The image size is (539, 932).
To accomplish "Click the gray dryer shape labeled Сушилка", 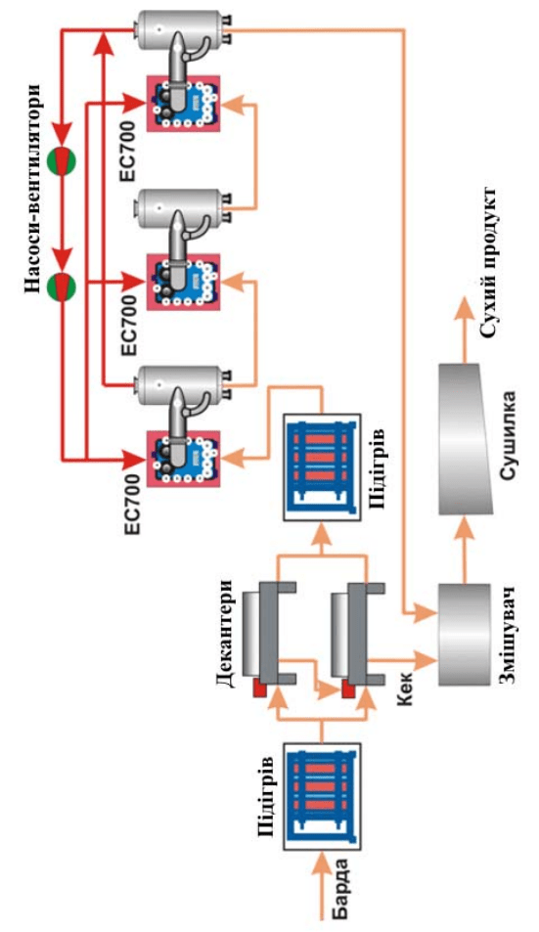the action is coord(467,439).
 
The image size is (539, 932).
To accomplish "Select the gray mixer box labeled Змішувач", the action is coord(466,635).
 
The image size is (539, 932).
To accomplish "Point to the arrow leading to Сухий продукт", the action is coord(465,329).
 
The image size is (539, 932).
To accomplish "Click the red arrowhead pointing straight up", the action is coord(104,43).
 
